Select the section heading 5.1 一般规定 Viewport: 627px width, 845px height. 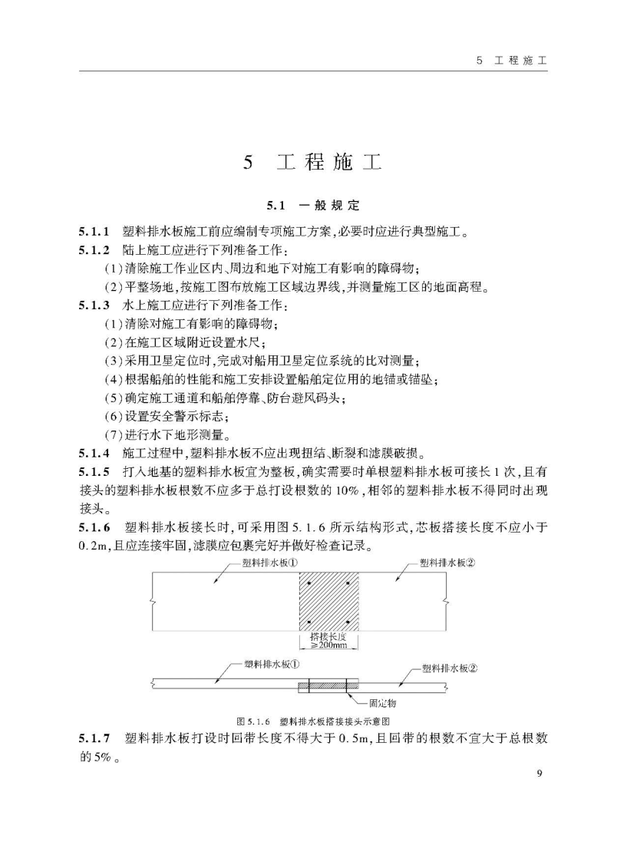[x=312, y=206]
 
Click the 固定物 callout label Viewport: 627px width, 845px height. [x=381, y=701]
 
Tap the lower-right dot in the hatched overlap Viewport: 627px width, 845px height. [x=348, y=621]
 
